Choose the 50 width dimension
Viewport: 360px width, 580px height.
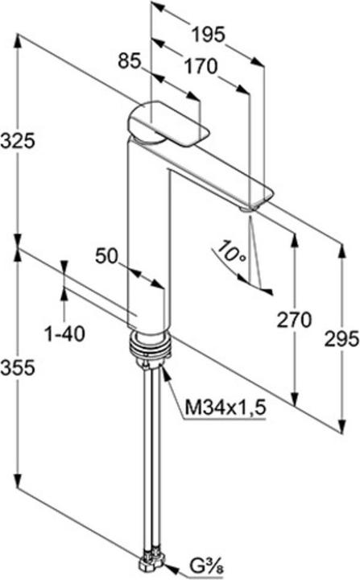[x=107, y=256]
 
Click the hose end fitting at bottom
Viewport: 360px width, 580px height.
[x=154, y=561]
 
